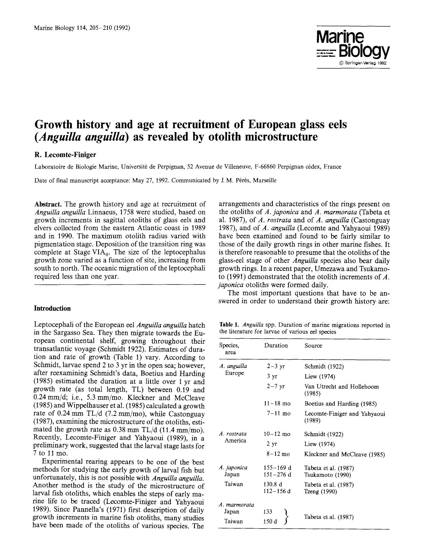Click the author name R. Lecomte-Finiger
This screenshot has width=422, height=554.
65,155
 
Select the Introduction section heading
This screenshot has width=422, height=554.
52,308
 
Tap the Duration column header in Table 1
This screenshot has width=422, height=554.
276,345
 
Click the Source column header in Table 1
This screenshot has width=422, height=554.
313,345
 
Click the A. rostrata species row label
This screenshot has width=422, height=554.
233,434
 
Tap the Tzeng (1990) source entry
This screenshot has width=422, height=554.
320,491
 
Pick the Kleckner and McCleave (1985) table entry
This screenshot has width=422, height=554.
344,454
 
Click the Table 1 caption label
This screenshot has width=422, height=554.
229,325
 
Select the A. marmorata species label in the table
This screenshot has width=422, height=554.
237,505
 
